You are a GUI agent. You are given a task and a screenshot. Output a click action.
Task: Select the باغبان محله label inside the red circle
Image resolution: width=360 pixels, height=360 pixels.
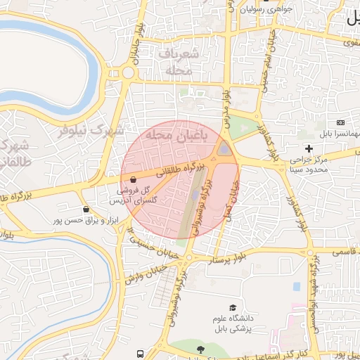173,134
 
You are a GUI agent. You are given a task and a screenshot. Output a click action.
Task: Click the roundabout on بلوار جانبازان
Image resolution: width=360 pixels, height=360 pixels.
128,72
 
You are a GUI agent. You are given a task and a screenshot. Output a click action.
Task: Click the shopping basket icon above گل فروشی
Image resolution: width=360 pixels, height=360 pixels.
133,179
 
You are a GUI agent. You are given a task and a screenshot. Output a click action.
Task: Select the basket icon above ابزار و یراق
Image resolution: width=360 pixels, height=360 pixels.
86,209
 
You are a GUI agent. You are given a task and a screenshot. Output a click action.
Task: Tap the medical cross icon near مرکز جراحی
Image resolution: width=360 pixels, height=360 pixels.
309,148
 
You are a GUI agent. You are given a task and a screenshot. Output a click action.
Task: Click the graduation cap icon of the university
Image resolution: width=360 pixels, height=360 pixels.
233,307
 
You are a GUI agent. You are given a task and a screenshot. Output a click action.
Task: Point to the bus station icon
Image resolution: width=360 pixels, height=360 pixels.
141,353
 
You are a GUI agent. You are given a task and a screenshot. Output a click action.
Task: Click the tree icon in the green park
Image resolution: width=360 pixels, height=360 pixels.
201,349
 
